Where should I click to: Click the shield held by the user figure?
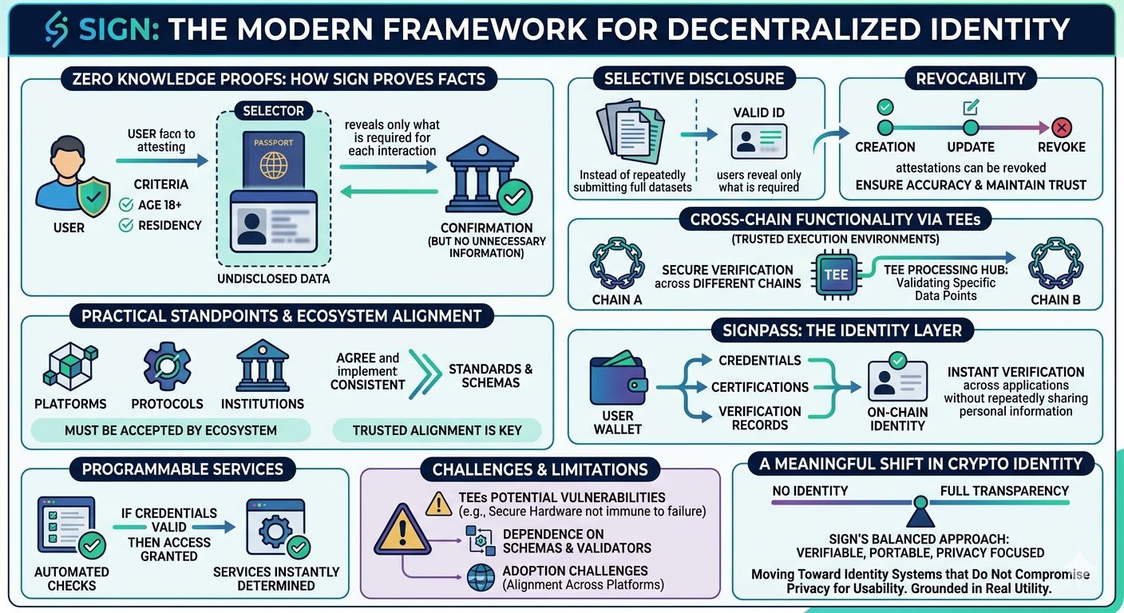[x=94, y=195]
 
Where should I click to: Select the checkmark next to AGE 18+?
[x=125, y=205]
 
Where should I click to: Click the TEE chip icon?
[x=836, y=274]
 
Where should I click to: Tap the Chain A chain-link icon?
[x=616, y=263]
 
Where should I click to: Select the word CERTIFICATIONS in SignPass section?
[x=760, y=387]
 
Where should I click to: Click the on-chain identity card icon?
[x=897, y=379]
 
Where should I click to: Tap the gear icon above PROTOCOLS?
[x=167, y=366]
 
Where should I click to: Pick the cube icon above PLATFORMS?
[x=69, y=367]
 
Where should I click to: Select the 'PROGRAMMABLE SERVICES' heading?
[x=183, y=469]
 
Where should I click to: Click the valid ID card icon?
[x=759, y=141]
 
